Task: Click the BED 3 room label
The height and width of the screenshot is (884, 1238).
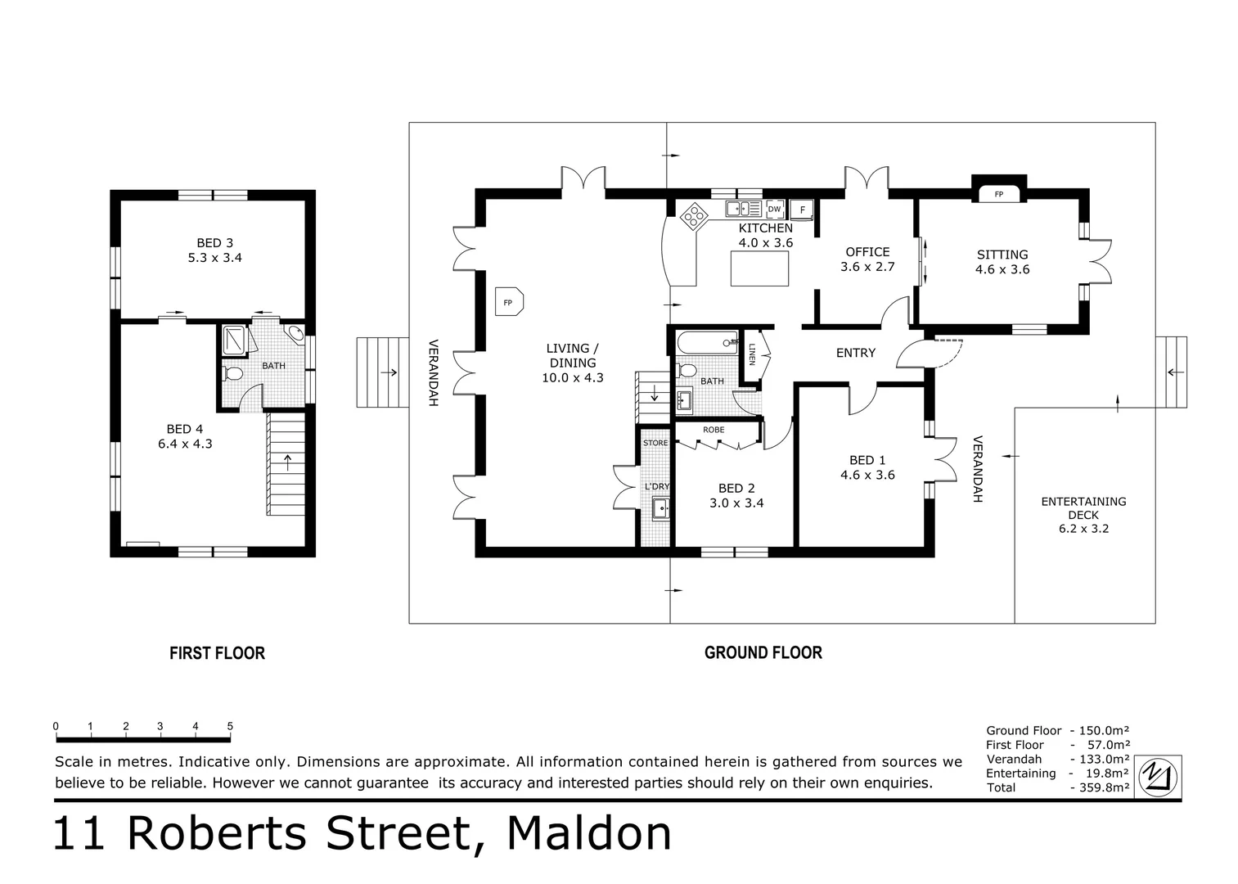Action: [214, 243]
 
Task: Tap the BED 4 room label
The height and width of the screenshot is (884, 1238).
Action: [184, 429]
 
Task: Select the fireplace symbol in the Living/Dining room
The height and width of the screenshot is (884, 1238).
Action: [508, 302]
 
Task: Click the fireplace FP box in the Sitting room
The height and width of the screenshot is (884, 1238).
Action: [998, 194]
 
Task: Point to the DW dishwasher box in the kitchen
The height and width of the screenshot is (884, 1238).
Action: [774, 209]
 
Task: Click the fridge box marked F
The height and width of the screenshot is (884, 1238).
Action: [802, 210]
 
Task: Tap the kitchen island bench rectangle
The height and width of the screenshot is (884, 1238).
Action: [759, 268]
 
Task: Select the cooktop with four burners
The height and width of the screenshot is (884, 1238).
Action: [695, 214]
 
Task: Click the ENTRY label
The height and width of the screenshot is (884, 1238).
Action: [855, 353]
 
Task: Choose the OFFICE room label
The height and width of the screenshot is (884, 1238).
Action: [867, 252]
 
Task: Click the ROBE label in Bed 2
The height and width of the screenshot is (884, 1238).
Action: [713, 430]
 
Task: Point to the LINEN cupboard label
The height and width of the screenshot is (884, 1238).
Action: [752, 354]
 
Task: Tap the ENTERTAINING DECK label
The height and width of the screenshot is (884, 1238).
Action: [1083, 508]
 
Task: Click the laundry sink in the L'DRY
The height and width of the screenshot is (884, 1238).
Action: [660, 508]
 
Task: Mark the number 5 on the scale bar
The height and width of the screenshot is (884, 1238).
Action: [230, 726]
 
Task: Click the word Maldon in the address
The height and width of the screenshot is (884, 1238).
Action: [589, 834]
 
